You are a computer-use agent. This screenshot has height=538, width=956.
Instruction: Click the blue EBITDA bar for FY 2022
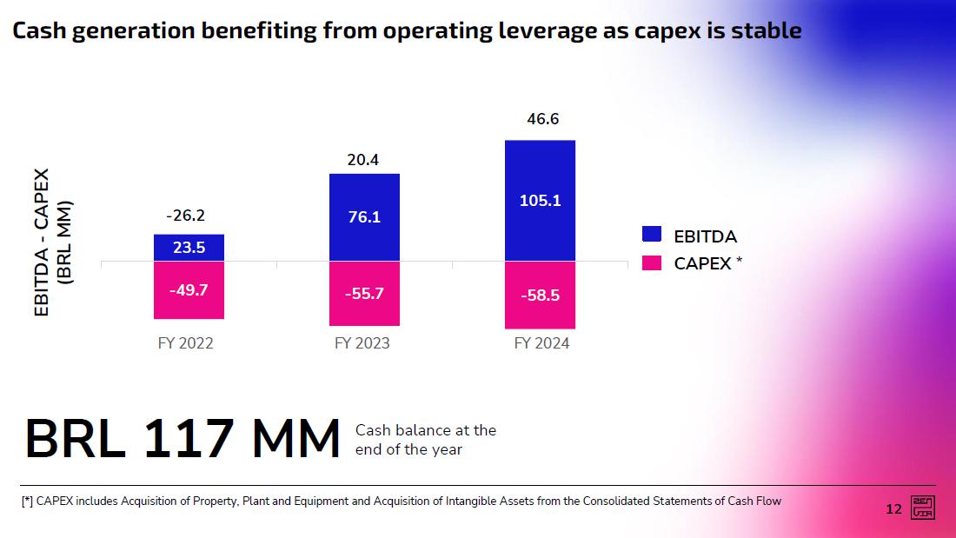click(x=189, y=248)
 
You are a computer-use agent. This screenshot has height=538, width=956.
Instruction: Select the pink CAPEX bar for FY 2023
click(x=364, y=294)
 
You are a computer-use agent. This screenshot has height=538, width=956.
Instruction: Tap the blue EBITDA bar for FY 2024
click(x=540, y=201)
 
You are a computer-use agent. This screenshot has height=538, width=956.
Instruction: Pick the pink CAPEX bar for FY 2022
click(x=189, y=289)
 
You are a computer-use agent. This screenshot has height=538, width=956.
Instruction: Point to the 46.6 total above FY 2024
click(x=542, y=119)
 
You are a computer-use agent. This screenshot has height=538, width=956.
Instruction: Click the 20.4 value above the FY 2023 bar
click(x=362, y=160)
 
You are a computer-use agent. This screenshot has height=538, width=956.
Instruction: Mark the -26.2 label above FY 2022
click(x=185, y=216)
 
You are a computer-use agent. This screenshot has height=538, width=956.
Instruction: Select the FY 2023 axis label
click(x=362, y=343)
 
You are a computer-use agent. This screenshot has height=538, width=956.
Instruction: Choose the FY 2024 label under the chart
click(x=541, y=343)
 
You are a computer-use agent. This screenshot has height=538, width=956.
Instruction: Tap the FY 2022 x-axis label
click(x=185, y=343)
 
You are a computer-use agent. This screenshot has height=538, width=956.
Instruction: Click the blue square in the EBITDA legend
click(x=652, y=235)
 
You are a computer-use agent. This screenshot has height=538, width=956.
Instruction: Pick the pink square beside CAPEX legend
click(x=652, y=262)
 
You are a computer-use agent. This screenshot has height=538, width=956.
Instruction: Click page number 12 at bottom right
click(x=893, y=509)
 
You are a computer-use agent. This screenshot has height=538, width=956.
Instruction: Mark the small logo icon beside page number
click(x=922, y=508)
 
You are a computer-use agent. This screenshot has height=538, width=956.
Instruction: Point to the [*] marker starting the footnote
click(x=27, y=501)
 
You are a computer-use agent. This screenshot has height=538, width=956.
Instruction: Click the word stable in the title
click(x=765, y=31)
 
